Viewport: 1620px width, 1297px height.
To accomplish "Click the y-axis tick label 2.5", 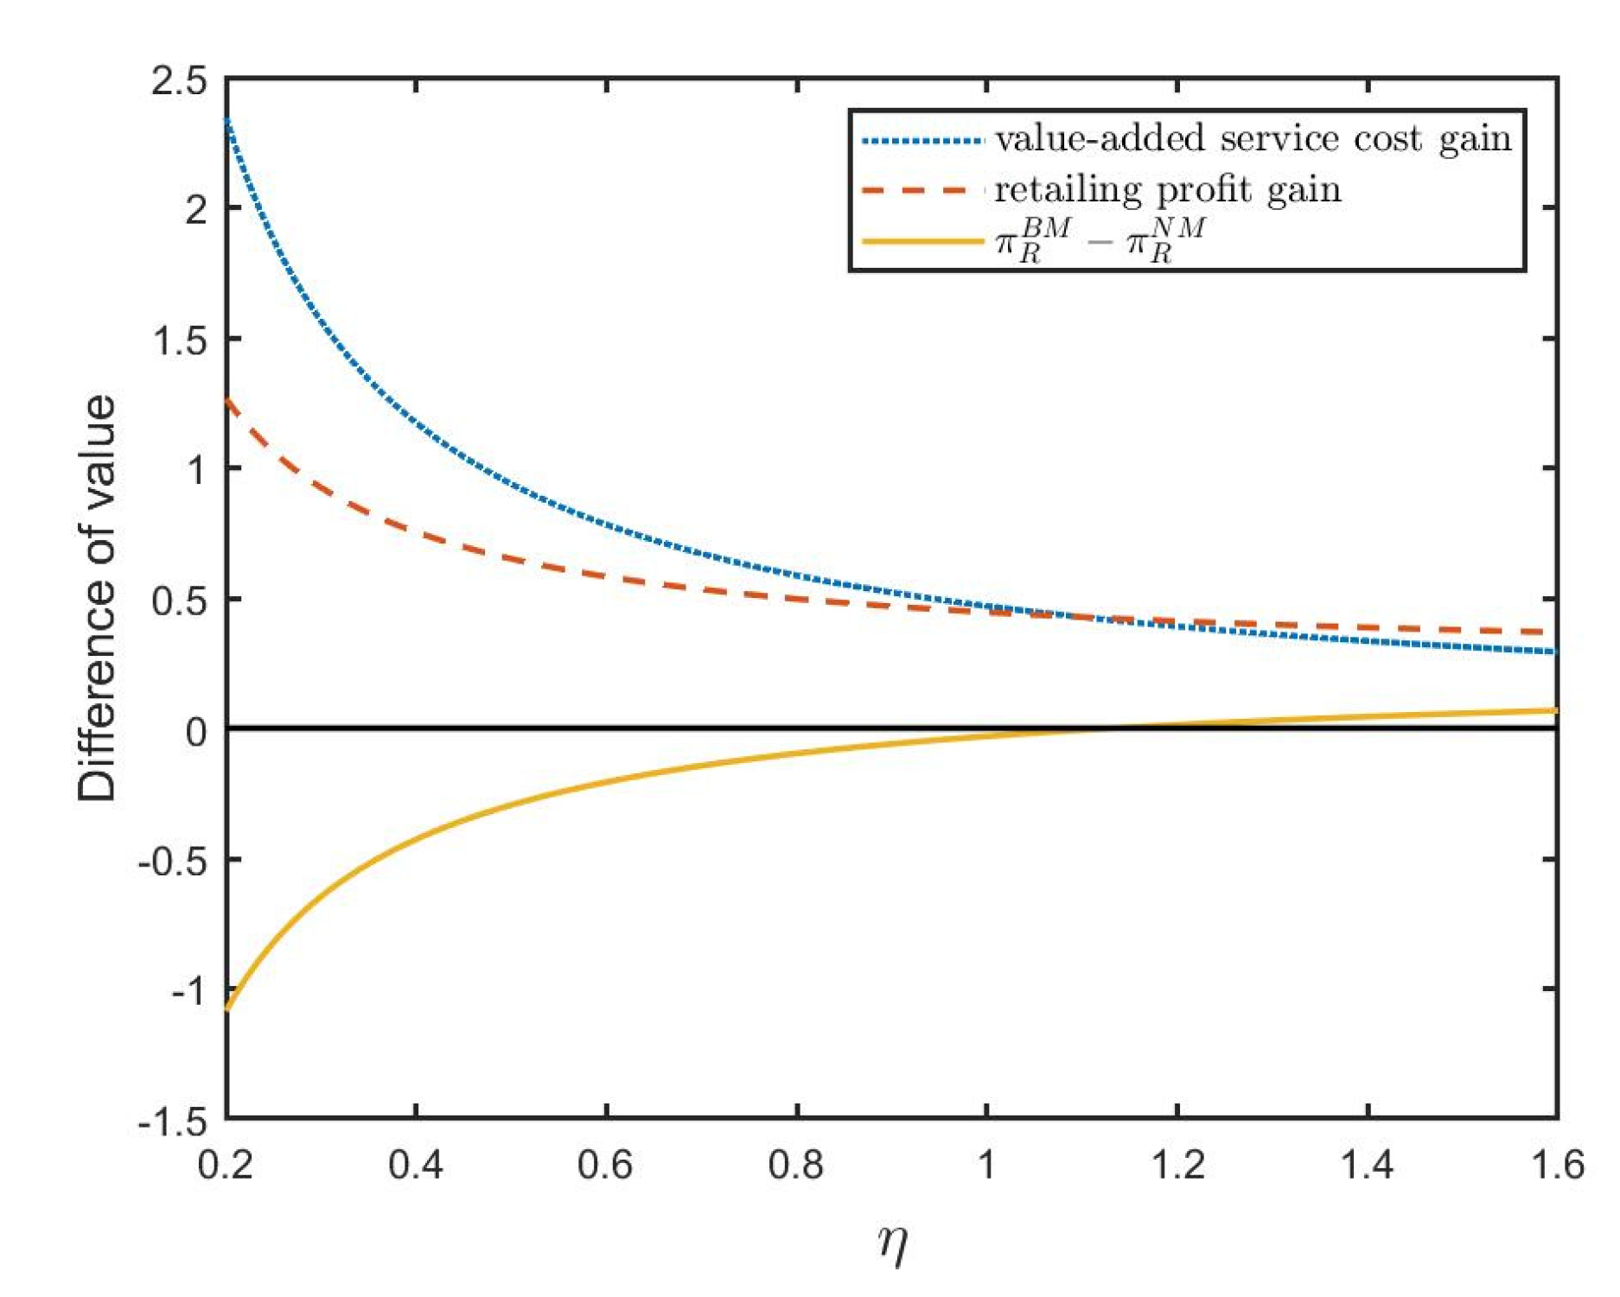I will pyautogui.click(x=179, y=81).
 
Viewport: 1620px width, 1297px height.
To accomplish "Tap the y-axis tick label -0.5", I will pyautogui.click(x=173, y=861).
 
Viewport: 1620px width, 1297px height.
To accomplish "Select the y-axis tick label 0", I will pyautogui.click(x=196, y=732).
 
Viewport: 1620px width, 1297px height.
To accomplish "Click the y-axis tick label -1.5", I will pyautogui.click(x=173, y=1122).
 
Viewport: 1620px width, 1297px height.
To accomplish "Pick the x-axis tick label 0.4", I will pyautogui.click(x=416, y=1165).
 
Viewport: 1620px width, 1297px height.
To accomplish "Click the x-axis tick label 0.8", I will pyautogui.click(x=796, y=1165).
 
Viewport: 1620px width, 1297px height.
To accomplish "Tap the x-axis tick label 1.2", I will pyautogui.click(x=1177, y=1165).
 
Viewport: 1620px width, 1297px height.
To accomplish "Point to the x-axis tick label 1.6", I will pyautogui.click(x=1557, y=1165).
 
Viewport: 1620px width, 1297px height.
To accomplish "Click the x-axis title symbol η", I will pyautogui.click(x=892, y=1244).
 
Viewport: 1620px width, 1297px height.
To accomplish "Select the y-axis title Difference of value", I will pyautogui.click(x=97, y=598).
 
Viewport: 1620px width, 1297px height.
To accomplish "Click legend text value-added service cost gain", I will pyautogui.click(x=1253, y=139).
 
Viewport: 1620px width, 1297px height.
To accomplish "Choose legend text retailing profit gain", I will pyautogui.click(x=1167, y=190).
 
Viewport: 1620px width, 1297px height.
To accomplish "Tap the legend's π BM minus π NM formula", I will pyautogui.click(x=1100, y=241).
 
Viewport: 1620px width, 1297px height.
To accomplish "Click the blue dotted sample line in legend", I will pyautogui.click(x=922, y=140).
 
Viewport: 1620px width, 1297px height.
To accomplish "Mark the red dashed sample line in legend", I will pyautogui.click(x=922, y=190).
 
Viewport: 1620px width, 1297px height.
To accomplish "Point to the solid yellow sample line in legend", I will pyautogui.click(x=922, y=241).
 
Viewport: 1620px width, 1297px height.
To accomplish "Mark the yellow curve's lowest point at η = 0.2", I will pyautogui.click(x=226, y=1008).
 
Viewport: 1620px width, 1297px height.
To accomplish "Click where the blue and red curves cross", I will pyautogui.click(x=1072, y=617).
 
